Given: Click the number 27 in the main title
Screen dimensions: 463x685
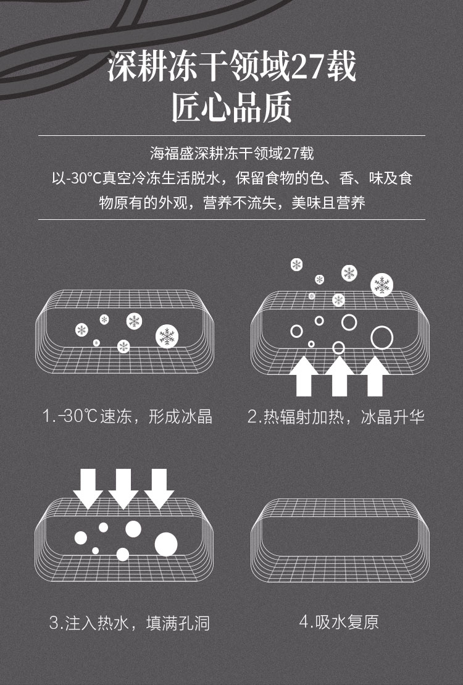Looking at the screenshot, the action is coord(307,67).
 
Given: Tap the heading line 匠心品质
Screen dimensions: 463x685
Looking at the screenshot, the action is coord(231,107).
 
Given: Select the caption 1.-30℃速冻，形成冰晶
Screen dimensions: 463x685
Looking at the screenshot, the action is coord(127,416).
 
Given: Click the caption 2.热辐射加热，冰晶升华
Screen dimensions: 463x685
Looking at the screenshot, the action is coord(336,417).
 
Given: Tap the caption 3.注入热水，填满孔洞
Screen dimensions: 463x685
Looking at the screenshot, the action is coord(129,623).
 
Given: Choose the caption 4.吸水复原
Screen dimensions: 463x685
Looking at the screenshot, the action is coord(339,621).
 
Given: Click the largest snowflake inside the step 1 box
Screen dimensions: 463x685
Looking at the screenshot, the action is coord(167,337).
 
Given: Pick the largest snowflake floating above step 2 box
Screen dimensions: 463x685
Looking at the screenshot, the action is coord(382,285).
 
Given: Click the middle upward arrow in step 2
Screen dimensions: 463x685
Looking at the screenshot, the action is coord(339,376).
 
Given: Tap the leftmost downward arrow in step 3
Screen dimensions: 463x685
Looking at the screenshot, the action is coord(88,489).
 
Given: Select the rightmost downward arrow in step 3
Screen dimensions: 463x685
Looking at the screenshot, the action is coord(159,489).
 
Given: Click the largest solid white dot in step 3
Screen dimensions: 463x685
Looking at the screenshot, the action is coord(166,544).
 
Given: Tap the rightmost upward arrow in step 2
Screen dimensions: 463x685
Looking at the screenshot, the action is coord(375,376).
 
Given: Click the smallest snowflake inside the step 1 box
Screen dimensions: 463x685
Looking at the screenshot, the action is coord(96,343).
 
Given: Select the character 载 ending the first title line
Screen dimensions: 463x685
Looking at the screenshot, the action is coord(341,67).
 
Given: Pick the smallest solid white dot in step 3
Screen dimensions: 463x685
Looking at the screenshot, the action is coord(95,550).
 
